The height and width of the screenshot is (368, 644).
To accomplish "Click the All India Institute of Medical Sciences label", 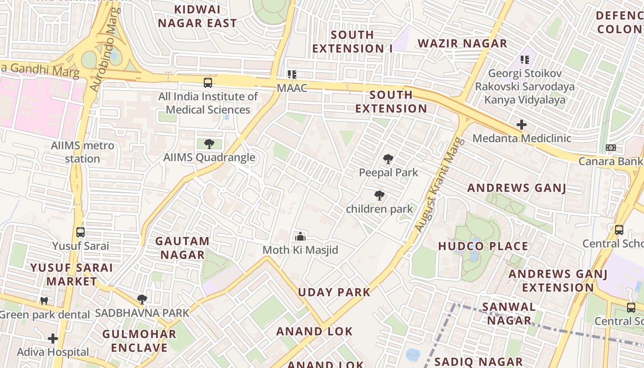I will pos(208,103).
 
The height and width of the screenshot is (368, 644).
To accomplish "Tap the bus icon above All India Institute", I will pos(208,83).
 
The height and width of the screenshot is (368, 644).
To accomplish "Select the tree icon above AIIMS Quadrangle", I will pos(209,144).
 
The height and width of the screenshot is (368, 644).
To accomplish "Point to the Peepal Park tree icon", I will pos(388,160).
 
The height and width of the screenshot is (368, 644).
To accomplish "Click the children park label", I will pos(379,209).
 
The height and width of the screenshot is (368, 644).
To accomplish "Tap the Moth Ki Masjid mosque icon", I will pos(300,237).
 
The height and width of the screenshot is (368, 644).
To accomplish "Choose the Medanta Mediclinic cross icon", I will pos(521,125).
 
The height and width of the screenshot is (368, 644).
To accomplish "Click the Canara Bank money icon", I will pos(611,148).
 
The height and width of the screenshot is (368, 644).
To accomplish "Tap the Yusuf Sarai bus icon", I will pos(80,232).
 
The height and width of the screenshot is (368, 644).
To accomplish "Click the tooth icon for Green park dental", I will pos(44,301).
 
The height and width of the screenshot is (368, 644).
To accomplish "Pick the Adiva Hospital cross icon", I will pos(53,339).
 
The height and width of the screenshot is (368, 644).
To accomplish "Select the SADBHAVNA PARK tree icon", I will pos(142,299).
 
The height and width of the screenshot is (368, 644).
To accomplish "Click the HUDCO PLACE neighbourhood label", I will pos(483,246).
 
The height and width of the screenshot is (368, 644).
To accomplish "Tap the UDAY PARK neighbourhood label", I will pos(334,292).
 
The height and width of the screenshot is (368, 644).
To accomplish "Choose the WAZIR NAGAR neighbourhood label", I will pos(462,44).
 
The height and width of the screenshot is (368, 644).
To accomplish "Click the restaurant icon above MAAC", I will pos(292,74).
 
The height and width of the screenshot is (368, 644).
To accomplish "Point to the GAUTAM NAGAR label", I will pos(182,247).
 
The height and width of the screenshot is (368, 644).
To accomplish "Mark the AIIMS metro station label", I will pos(83,152).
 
